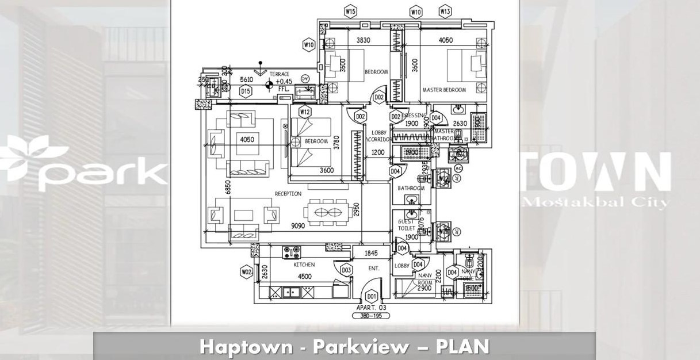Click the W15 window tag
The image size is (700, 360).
(x=350, y=11)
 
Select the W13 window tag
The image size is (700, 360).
(x=445, y=11)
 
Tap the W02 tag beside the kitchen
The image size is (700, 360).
(x=247, y=271)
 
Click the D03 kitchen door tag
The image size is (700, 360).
(x=346, y=270)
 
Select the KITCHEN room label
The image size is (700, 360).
(x=304, y=265)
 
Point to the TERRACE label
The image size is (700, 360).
(x=282, y=74)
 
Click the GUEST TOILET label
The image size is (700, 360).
(x=406, y=225)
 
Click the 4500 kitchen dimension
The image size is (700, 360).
(x=304, y=276)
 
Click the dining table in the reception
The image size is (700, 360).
(x=327, y=211)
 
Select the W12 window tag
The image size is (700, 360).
(x=305, y=111)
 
